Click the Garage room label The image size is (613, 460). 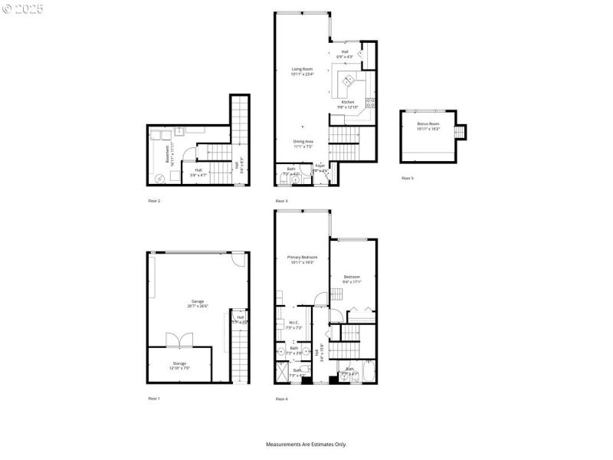coord(197,304)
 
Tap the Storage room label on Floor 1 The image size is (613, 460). coord(179,365)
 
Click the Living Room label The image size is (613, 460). coord(302,71)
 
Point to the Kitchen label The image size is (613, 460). coord(348,103)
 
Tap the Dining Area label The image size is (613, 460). coord(303,143)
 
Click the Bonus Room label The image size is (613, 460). coord(428,126)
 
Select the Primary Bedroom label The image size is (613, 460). coord(302,259)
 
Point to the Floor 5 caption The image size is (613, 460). coord(407,178)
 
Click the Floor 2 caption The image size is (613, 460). coord(154,200)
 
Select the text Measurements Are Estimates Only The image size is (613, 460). coord(306,444)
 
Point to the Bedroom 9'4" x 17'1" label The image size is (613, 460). coord(352,279)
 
